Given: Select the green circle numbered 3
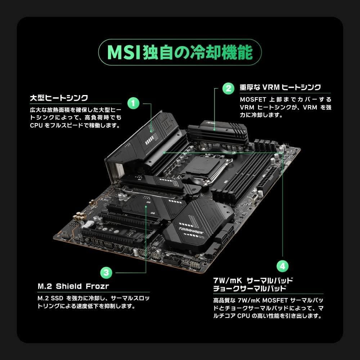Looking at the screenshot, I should tap(105, 272).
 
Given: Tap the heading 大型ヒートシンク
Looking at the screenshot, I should tap(59, 98).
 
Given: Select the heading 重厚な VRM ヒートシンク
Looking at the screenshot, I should tap(280, 87).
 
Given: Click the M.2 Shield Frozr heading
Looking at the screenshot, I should tap(73, 286).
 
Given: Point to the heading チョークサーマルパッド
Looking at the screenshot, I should tap(249, 288).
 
